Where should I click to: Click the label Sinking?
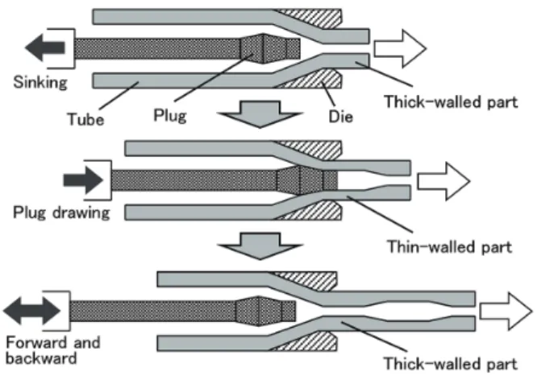point(40,83)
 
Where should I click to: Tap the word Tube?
point(85,119)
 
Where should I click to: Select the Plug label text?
point(170,116)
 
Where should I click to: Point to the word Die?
point(341,117)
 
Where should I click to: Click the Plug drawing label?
point(61,213)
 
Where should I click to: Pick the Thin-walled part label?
point(449,246)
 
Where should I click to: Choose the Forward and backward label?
point(53,350)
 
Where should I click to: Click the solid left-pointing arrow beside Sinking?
point(45,48)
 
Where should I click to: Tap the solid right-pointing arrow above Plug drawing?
point(83,180)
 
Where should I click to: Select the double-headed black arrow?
point(32,311)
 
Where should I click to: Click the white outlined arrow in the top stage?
point(400,48)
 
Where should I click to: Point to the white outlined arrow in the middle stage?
point(443,181)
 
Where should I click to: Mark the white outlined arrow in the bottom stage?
point(506,312)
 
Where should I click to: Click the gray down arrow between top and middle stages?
point(260,114)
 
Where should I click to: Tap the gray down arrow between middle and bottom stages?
point(260,246)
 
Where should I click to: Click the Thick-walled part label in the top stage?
point(451,101)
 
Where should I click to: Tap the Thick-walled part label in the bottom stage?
point(451,363)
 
